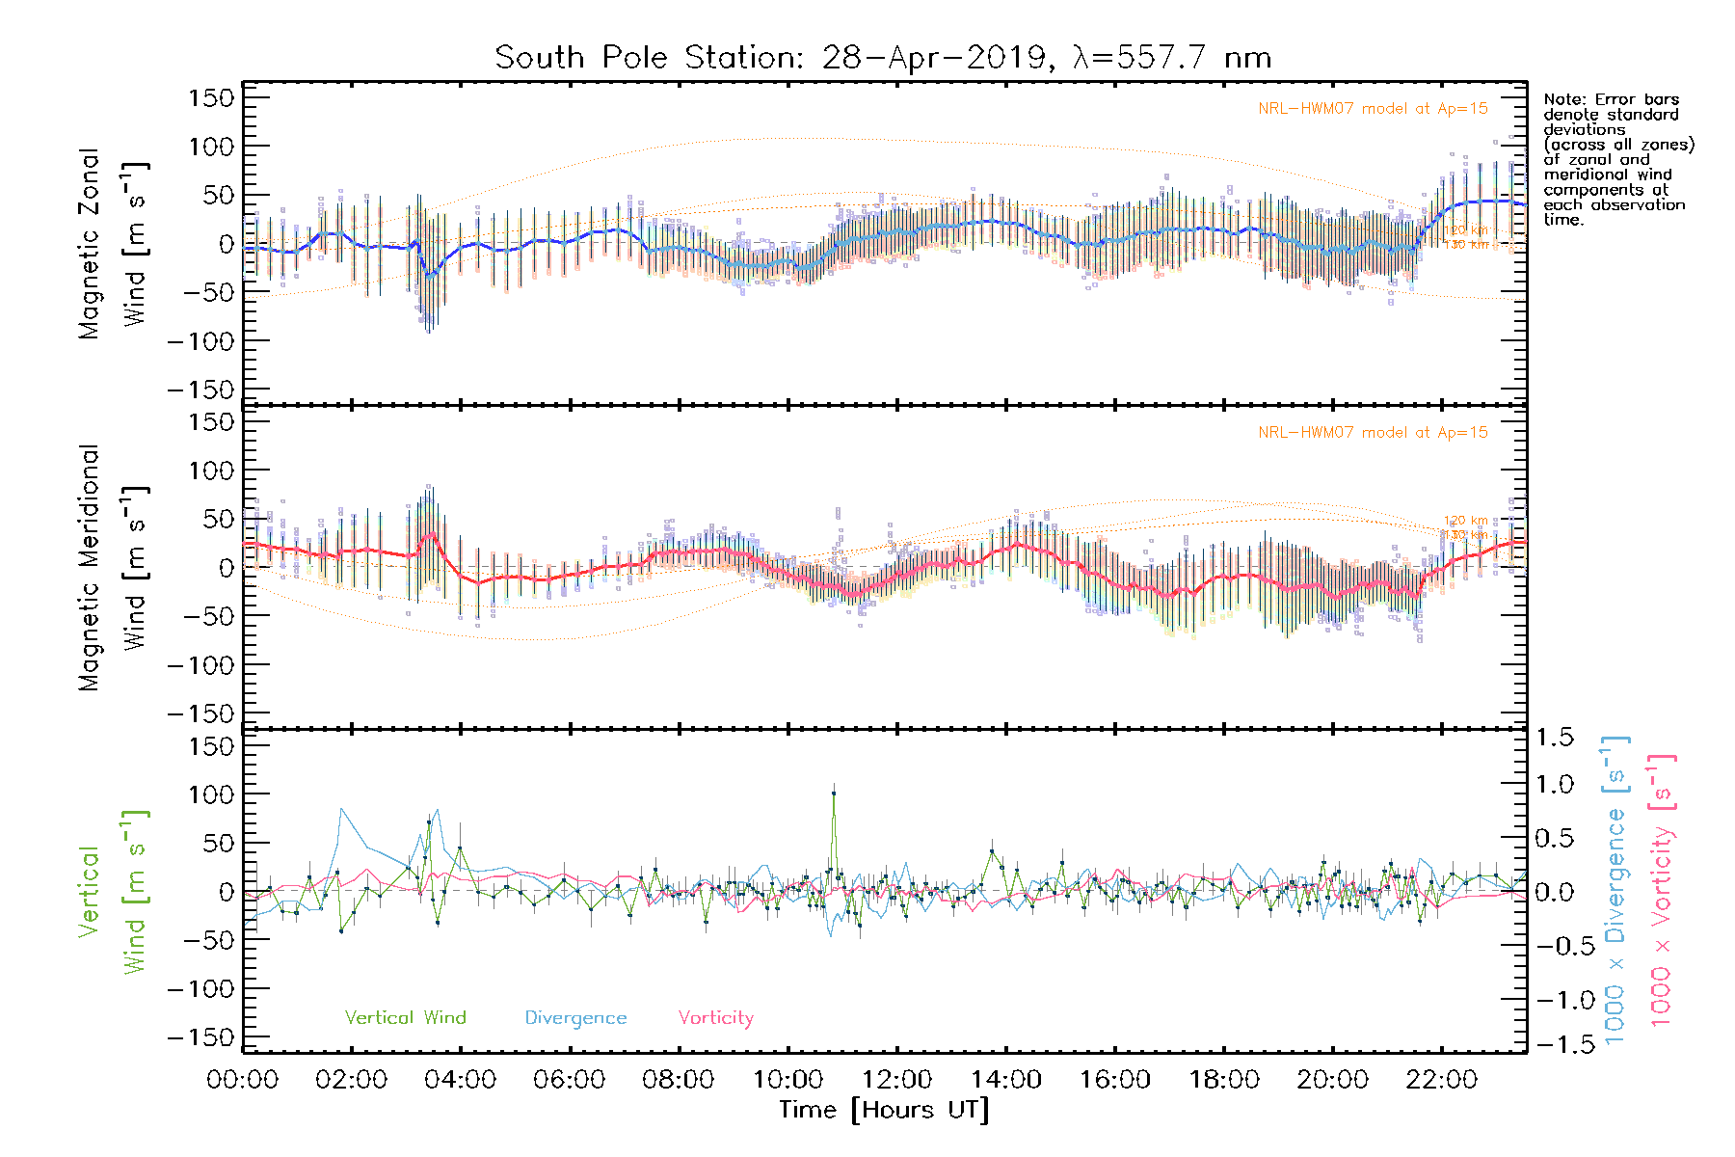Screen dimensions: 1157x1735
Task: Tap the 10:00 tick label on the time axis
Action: [x=788, y=1080]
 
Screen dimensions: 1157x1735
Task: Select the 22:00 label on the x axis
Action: [x=1442, y=1080]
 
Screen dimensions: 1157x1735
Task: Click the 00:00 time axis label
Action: [x=243, y=1080]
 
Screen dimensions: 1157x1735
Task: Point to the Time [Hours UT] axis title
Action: [x=884, y=1110]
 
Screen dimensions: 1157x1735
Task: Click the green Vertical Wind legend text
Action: [x=405, y=1018]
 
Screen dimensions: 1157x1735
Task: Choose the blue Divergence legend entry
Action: [x=575, y=1018]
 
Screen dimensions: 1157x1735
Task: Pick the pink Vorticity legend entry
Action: [x=715, y=1018]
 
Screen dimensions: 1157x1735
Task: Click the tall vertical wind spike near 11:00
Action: [x=834, y=794]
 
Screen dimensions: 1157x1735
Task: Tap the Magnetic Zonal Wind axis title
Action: [x=114, y=243]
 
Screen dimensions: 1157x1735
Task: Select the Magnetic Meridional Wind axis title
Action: [x=114, y=568]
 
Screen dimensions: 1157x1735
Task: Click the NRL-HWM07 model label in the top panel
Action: [x=1373, y=109]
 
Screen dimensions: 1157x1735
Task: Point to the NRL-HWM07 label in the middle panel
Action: [x=1373, y=433]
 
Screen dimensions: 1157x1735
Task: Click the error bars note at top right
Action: [x=1616, y=159]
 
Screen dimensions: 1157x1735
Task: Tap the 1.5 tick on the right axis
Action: [x=1555, y=738]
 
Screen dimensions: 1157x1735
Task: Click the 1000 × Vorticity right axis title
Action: [x=1662, y=890]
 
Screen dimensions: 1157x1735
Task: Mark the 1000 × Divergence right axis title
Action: [x=1615, y=890]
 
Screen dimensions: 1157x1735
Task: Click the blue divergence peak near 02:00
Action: [x=341, y=809]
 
